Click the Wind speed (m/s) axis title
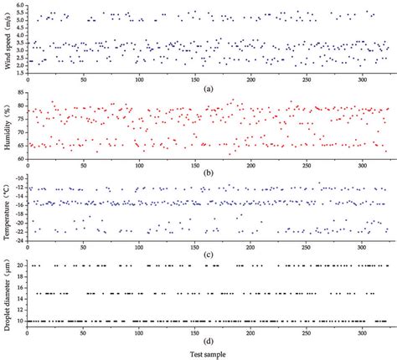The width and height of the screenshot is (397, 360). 8,39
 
